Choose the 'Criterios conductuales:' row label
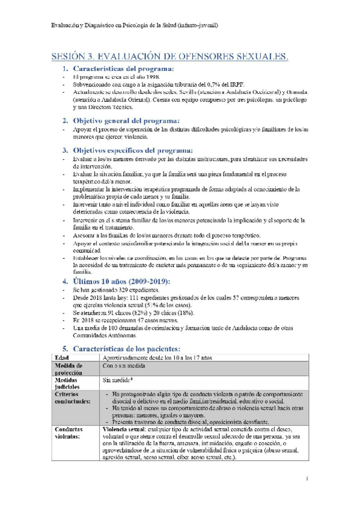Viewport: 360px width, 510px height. (74, 398)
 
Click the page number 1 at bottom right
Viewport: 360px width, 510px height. (307, 479)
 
